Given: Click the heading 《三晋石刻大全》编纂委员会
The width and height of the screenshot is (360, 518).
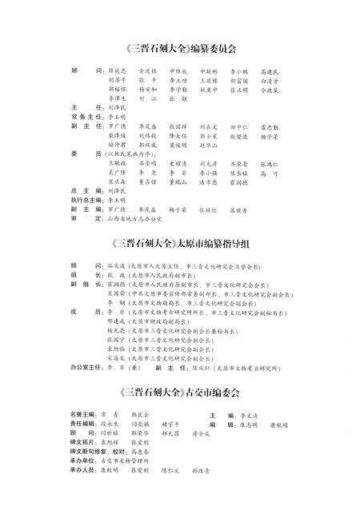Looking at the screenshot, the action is click(x=180, y=49).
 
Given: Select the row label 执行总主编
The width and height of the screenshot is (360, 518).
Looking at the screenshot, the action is click(x=82, y=201).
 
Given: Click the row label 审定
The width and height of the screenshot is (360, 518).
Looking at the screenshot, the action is click(x=77, y=217).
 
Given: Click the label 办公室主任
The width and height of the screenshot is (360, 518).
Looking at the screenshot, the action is click(x=86, y=370).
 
